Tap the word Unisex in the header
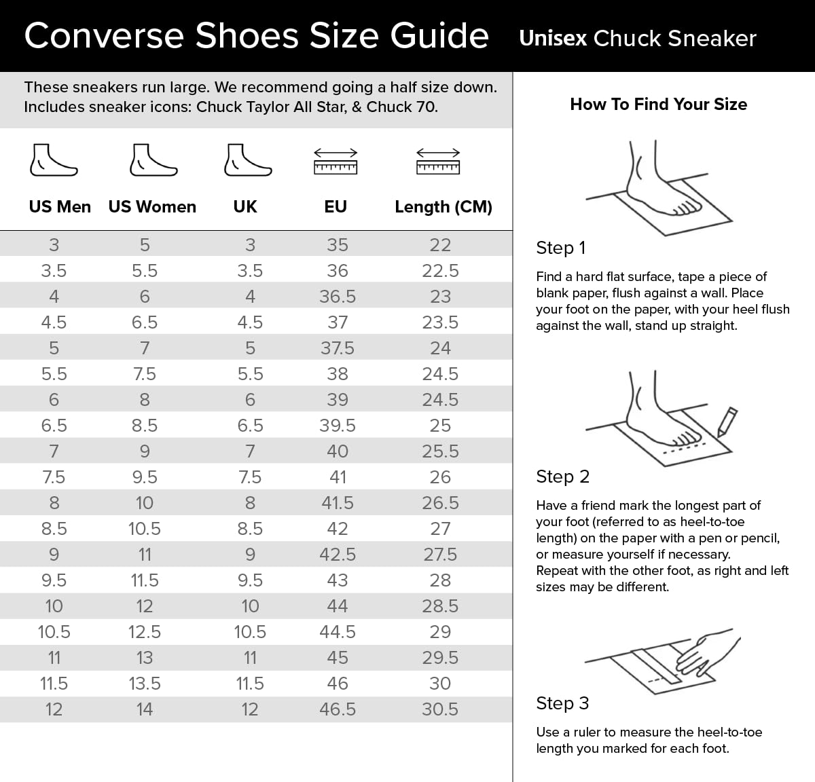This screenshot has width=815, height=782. (x=552, y=38)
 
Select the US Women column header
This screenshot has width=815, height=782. (x=152, y=207)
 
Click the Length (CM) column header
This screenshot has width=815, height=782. (x=443, y=207)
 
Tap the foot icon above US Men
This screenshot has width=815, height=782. (x=53, y=161)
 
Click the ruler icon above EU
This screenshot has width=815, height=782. (x=336, y=162)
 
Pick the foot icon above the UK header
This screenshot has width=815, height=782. (x=248, y=161)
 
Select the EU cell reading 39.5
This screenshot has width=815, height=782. (x=338, y=426)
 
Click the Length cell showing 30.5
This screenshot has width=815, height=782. (x=440, y=709)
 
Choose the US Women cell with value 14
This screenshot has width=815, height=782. (x=145, y=709)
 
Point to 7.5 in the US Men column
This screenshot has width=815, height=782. (x=54, y=477)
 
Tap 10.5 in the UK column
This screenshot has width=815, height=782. (x=250, y=632)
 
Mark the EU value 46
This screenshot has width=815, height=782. (x=338, y=684)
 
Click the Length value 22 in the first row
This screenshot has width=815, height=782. (x=440, y=245)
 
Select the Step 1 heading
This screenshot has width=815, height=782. (x=560, y=248)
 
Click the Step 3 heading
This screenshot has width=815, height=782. (x=562, y=703)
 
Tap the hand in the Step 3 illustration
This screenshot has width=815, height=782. (x=706, y=652)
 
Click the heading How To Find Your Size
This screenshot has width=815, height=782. (x=658, y=104)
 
